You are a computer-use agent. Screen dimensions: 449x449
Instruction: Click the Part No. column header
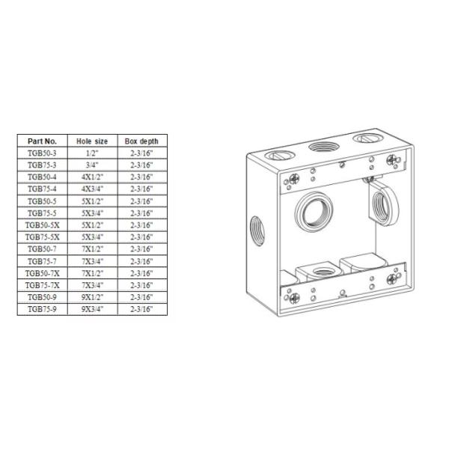(x=43, y=141)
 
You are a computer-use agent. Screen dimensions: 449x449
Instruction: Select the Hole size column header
(x=93, y=141)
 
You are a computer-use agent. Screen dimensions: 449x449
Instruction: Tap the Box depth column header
(x=141, y=141)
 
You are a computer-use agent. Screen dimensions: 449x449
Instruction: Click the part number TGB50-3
(x=43, y=153)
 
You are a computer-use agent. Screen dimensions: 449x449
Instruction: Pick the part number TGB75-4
(x=43, y=189)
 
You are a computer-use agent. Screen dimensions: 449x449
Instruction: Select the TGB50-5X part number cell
(x=43, y=224)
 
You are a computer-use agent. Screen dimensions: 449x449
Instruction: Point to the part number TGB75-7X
(x=43, y=284)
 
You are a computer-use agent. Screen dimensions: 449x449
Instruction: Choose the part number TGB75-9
(x=43, y=308)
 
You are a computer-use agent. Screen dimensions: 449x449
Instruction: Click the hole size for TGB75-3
(x=93, y=165)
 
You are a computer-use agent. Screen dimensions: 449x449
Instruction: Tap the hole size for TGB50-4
(x=93, y=177)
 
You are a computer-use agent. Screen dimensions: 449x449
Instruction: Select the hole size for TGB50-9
(x=93, y=296)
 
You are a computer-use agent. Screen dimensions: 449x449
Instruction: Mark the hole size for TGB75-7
(x=93, y=260)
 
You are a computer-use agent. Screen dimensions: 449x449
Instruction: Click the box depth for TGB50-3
(x=141, y=153)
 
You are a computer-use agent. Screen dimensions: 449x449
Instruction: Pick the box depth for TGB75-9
(x=141, y=308)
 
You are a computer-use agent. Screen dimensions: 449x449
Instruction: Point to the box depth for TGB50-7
(x=141, y=248)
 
